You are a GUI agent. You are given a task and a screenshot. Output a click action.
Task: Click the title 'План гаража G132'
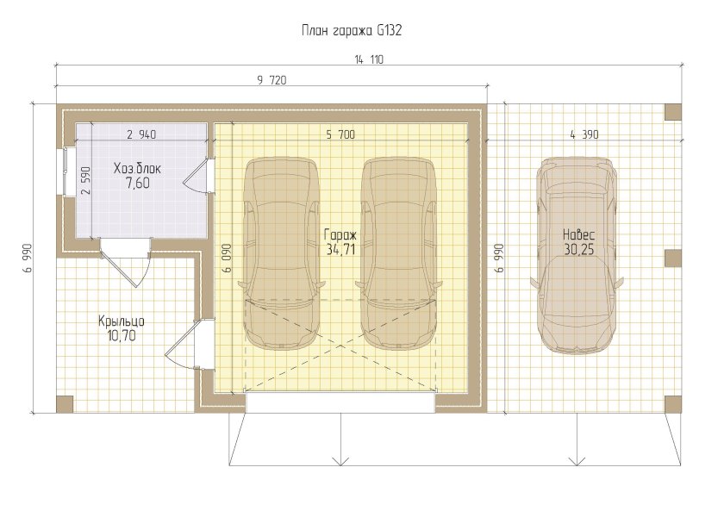pos(352,31)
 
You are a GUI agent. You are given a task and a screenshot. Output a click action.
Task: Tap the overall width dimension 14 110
pos(369,59)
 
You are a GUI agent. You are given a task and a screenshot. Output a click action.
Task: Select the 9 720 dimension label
pos(271,80)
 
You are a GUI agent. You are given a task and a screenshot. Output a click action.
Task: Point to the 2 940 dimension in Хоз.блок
pos(141,134)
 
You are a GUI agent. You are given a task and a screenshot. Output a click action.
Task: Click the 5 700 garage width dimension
pos(340,134)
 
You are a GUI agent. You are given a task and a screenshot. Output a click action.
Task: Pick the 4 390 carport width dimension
pos(584,134)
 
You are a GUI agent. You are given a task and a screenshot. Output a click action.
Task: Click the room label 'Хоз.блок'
pos(137,169)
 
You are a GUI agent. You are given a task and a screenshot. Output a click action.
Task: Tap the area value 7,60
pos(138,184)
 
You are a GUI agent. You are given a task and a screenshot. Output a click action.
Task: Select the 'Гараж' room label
pos(340,235)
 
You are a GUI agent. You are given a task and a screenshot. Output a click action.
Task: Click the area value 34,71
pos(340,250)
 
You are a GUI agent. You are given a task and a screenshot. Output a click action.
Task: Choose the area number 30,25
pos(579,249)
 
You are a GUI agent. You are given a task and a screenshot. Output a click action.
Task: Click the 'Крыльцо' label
pos(122,321)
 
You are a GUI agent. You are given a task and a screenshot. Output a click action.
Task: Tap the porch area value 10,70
pos(122,335)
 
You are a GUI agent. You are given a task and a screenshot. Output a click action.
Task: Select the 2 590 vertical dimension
pos(87,180)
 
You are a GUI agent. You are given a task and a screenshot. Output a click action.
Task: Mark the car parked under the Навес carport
pos(577,254)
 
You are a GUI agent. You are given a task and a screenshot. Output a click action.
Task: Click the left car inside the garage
pos(281,254)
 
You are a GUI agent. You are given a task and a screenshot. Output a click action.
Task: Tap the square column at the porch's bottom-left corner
pos(65,404)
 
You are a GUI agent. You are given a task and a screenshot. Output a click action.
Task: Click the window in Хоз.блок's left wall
pos(66,171)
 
